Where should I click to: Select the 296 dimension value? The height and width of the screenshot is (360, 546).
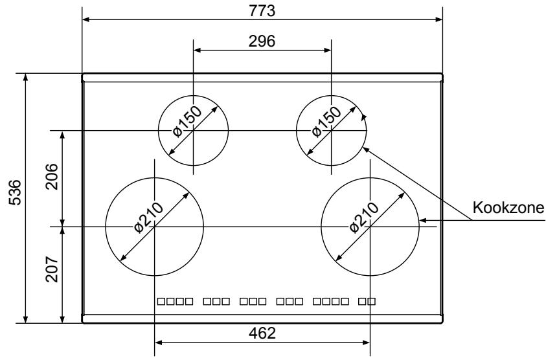(262, 40)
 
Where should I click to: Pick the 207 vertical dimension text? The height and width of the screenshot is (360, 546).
(52, 273)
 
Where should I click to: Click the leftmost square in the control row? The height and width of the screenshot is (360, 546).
(162, 302)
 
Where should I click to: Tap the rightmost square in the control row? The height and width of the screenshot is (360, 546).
(371, 302)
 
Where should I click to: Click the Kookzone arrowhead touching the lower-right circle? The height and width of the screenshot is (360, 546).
(422, 220)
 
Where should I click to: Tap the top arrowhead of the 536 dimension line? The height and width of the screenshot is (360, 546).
(25, 77)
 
